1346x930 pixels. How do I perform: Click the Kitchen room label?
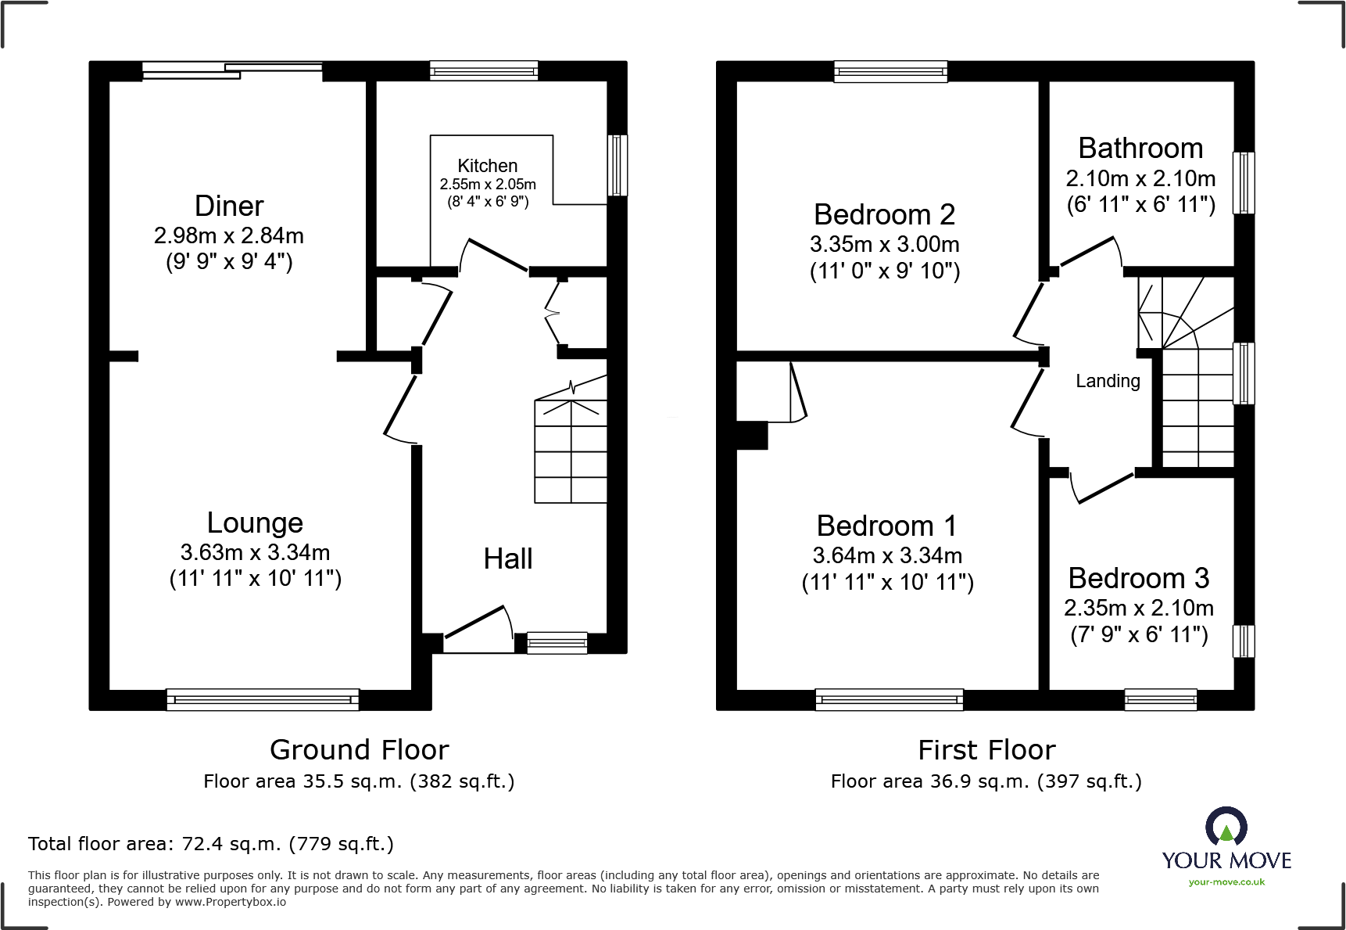tap(487, 166)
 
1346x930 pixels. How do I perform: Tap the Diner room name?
tap(229, 206)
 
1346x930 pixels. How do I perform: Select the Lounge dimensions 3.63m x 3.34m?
tap(255, 552)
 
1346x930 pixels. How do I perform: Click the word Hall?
tap(508, 558)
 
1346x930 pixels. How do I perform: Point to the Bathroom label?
tap(1140, 148)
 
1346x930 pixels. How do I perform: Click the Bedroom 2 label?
tap(884, 214)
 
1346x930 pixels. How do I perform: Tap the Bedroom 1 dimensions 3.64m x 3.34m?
tap(887, 555)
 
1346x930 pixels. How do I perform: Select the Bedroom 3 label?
tap(1138, 578)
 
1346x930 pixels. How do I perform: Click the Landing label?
tap(1108, 381)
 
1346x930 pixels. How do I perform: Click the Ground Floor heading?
tap(360, 749)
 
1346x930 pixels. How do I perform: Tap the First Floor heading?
tap(986, 749)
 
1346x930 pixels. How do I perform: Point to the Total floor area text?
tap(211, 844)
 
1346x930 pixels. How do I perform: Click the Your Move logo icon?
tap(1226, 827)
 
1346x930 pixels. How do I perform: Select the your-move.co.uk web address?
tap(1226, 882)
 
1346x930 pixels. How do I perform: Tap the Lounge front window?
tap(263, 699)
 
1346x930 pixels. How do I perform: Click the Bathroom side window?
tap(1244, 182)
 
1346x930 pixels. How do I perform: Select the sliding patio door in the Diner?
tap(232, 70)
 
